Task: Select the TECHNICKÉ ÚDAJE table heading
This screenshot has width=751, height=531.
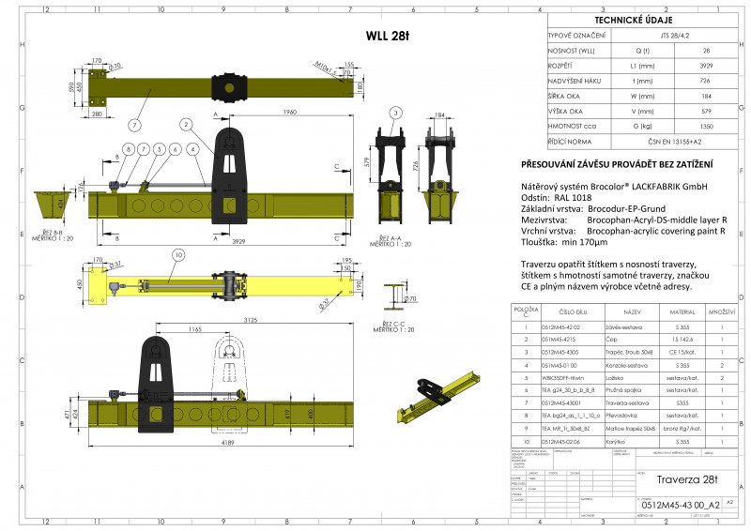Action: click(641, 18)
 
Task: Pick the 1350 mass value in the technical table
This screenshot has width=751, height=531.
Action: click(706, 125)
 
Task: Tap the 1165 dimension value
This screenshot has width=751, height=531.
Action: click(194, 330)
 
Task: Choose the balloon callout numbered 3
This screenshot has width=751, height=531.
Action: click(396, 113)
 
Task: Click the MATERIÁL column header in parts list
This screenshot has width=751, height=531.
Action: click(681, 311)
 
